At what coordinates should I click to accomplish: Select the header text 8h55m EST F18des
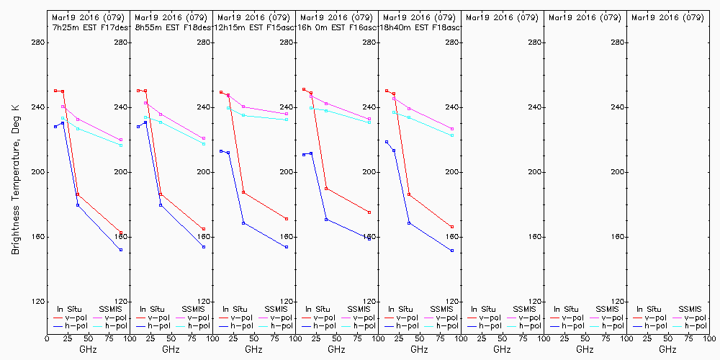point(172,27)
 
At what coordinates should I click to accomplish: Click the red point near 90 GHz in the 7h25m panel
point(121,233)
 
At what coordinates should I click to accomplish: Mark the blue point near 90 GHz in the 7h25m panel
point(121,250)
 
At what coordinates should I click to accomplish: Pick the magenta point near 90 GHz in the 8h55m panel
point(204,138)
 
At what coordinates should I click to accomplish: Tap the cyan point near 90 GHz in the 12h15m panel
point(287,120)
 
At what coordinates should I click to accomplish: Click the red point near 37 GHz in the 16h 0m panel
point(326,189)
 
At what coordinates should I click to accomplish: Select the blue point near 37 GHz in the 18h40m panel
point(409,223)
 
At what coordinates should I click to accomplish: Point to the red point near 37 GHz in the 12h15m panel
point(243,192)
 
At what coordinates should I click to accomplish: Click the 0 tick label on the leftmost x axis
point(47,338)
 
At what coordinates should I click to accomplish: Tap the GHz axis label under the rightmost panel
point(667,349)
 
